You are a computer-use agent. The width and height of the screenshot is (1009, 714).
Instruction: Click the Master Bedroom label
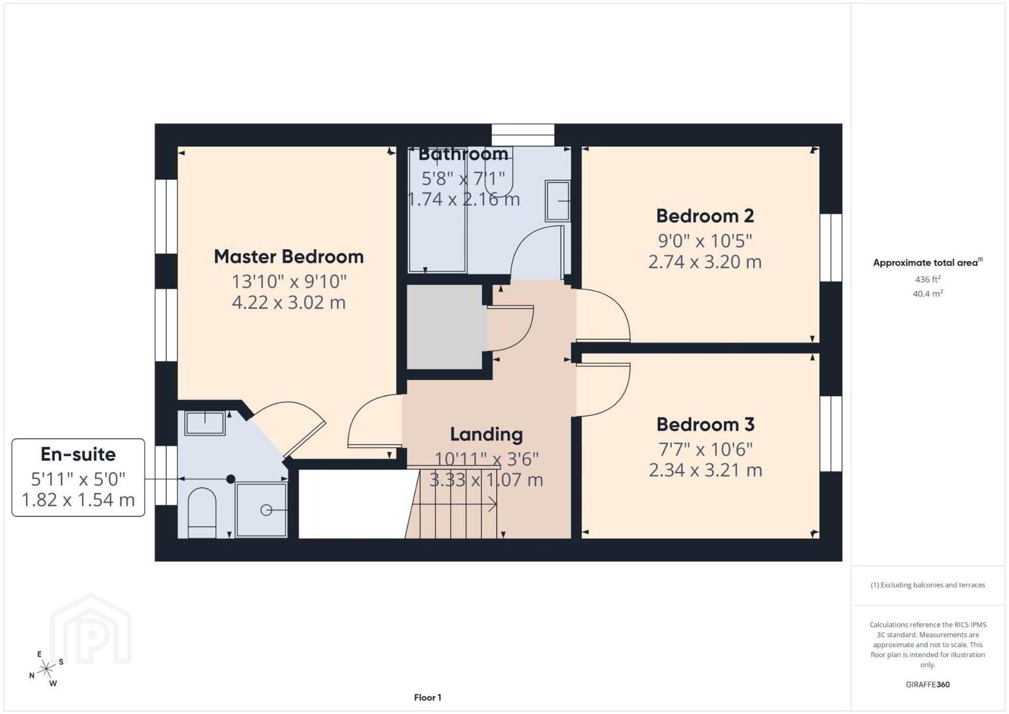point(289,257)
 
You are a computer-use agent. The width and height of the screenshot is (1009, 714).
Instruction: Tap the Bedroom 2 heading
point(705,216)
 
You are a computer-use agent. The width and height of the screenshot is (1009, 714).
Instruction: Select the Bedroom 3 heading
point(706,424)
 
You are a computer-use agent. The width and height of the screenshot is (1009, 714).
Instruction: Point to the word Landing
point(487,435)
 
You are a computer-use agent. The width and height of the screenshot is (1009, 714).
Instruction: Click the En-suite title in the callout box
point(79,454)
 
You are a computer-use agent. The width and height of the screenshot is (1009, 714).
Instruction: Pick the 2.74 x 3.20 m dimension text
point(705,262)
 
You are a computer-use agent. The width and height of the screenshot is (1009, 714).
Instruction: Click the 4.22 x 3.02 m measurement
point(289,302)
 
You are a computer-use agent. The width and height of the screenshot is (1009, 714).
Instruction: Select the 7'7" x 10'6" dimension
point(706,449)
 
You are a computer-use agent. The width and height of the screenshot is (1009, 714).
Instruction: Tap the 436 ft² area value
point(928,279)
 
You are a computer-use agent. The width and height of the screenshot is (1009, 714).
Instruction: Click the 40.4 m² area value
point(928,294)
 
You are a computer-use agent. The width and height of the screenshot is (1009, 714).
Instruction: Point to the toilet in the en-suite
point(202,513)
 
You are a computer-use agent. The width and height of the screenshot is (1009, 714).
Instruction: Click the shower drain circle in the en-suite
point(266,510)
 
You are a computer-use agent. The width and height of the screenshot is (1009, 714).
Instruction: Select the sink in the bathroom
point(557,201)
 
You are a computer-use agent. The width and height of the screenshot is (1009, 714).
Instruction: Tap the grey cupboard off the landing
point(444,327)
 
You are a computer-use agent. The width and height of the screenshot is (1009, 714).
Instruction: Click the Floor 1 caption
point(428,697)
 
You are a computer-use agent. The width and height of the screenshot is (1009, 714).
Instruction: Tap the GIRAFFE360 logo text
point(928,685)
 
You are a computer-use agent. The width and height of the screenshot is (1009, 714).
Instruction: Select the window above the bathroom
point(522,135)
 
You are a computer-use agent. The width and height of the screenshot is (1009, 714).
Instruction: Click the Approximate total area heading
point(928,262)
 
